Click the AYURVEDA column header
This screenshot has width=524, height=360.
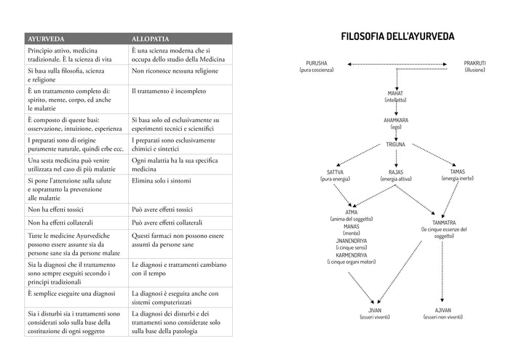coord(45,38)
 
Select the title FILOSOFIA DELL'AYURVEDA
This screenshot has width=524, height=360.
coord(397,36)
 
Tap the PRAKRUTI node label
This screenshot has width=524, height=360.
coord(474,63)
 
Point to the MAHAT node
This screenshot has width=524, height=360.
coord(396,94)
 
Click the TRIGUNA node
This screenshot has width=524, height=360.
coord(396,144)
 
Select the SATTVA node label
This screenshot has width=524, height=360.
coord(336,172)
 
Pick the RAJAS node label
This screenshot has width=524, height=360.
coord(396,172)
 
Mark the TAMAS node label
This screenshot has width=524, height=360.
coord(458,172)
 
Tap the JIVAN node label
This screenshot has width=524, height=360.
coord(376,311)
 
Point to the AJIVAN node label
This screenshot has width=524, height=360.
coord(442,311)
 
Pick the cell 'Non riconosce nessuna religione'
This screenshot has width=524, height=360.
coord(177,72)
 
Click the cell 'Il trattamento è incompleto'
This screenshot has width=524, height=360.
coord(169,92)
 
